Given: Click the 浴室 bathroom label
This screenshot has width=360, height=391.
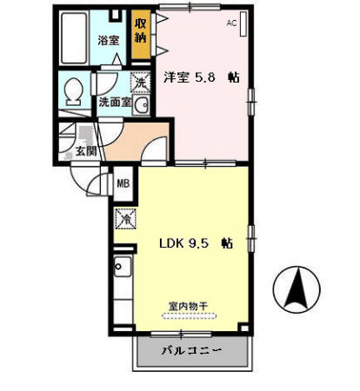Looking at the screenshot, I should pos(108,40).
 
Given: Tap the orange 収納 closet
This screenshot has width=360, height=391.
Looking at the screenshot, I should pos(140,31).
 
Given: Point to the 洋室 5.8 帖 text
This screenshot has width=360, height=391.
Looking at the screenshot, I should pos(203,76).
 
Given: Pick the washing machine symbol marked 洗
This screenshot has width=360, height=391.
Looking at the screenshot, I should pos(139,83).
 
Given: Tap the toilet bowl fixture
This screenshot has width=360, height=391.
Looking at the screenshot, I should pos(75,90).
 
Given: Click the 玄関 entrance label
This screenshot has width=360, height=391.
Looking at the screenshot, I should pos(85,153).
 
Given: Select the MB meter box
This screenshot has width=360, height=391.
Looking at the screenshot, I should pos(123,183).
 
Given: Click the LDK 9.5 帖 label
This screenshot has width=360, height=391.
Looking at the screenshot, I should pos(195,244).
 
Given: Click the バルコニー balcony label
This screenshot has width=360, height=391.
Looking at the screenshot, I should pos(191,352).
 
